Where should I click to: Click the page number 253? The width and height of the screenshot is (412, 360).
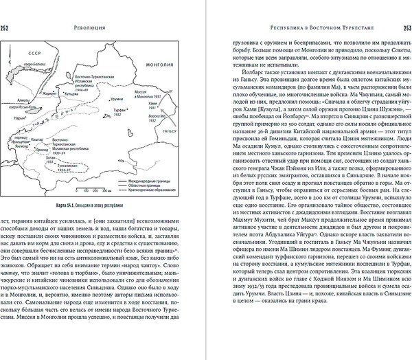click(x=405, y=28)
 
